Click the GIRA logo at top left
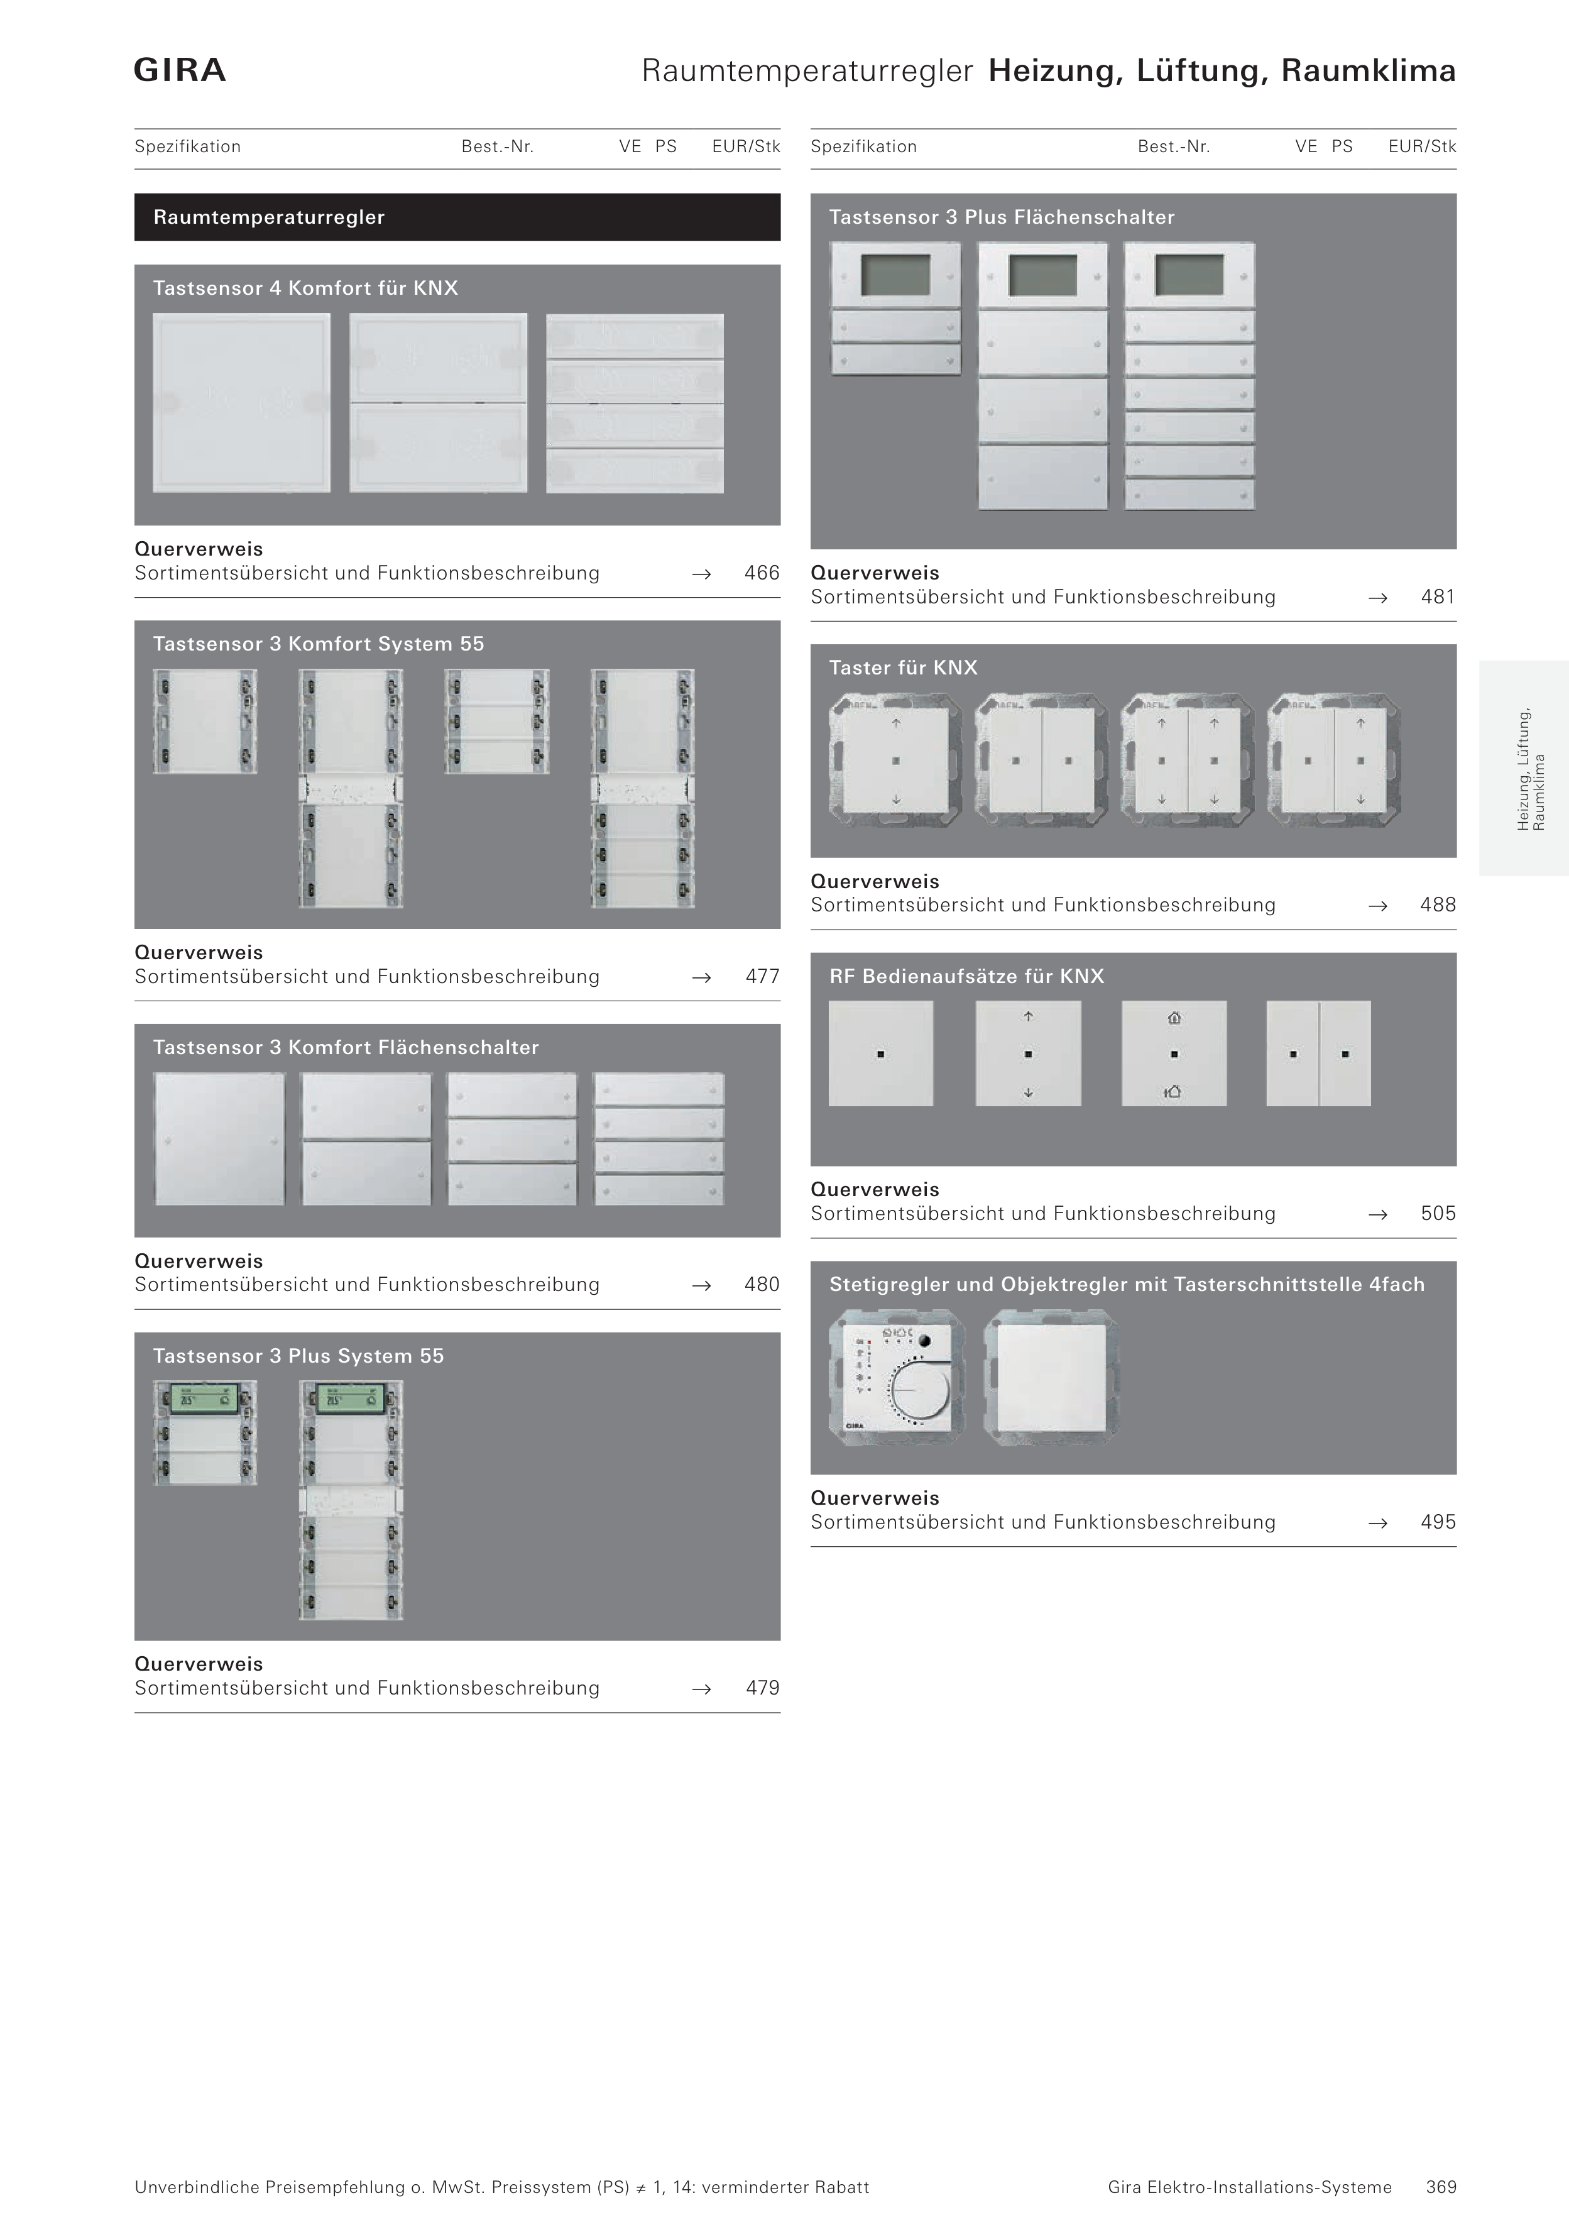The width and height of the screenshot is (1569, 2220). point(180,70)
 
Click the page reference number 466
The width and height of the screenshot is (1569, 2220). point(762,573)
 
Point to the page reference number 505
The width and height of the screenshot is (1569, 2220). point(1438,1214)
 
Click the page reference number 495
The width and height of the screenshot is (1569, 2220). point(1438,1522)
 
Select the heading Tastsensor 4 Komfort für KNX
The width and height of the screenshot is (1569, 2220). point(305,288)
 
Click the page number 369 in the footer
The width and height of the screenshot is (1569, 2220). point(1440,2187)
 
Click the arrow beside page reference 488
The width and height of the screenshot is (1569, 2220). point(1377,906)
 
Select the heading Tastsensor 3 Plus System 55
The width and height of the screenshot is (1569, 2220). point(298,1356)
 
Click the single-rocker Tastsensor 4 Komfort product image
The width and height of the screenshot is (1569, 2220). point(242,402)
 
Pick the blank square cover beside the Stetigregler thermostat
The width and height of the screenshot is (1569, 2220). point(1051,1377)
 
